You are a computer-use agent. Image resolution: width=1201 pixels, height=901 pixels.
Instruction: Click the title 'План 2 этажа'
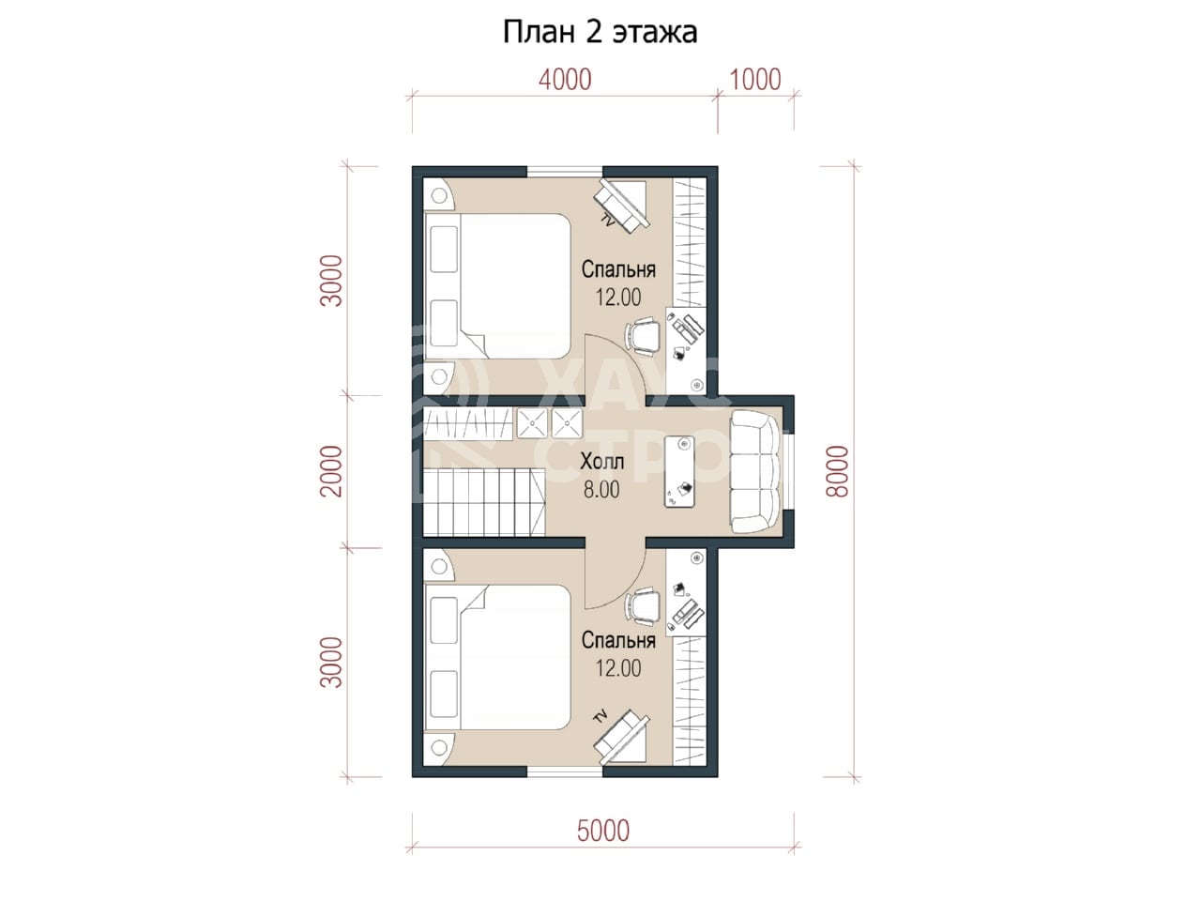(x=600, y=33)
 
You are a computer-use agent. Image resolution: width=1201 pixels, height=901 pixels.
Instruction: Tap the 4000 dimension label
(x=565, y=80)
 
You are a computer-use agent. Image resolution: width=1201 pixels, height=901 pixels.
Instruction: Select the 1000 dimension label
(x=755, y=80)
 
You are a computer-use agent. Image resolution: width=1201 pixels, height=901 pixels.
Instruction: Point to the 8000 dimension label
(x=838, y=471)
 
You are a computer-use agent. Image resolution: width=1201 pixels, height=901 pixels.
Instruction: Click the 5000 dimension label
(x=603, y=831)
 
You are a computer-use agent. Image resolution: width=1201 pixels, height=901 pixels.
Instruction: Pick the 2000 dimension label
(x=331, y=471)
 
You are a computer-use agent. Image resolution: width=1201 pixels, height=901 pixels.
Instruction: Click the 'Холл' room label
(x=601, y=463)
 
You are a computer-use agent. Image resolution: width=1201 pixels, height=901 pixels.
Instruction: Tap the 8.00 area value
(x=601, y=490)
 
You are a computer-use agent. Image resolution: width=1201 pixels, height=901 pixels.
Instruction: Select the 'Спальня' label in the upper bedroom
(x=618, y=269)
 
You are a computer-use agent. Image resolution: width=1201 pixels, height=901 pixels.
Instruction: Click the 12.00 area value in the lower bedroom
(x=618, y=668)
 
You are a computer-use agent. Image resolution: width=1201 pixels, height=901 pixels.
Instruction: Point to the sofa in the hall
(x=756, y=471)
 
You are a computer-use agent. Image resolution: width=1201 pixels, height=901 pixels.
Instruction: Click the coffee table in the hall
(x=679, y=471)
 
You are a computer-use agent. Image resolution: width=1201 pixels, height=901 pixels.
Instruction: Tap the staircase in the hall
(x=484, y=501)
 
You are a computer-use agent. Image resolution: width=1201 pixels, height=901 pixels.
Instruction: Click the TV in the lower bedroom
(x=623, y=738)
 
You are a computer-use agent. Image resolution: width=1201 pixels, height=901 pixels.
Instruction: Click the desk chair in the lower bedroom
(x=643, y=605)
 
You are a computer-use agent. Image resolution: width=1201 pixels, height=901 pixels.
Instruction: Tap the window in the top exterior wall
(x=565, y=171)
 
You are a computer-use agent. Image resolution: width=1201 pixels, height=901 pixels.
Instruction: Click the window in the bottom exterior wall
(x=565, y=771)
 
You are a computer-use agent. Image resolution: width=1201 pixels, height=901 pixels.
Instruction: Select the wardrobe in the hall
(x=468, y=423)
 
